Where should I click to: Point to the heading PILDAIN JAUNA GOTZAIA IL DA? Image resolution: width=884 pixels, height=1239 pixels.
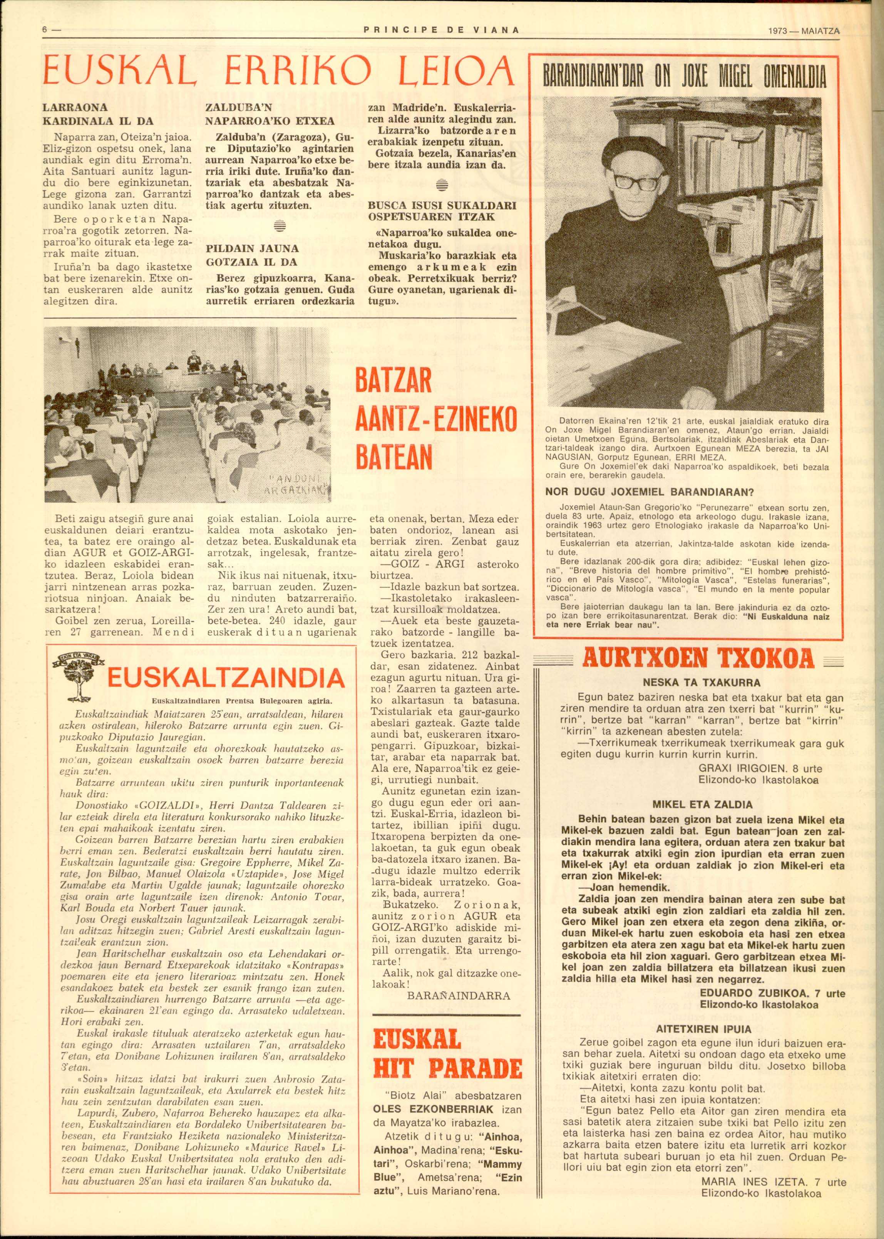253,255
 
